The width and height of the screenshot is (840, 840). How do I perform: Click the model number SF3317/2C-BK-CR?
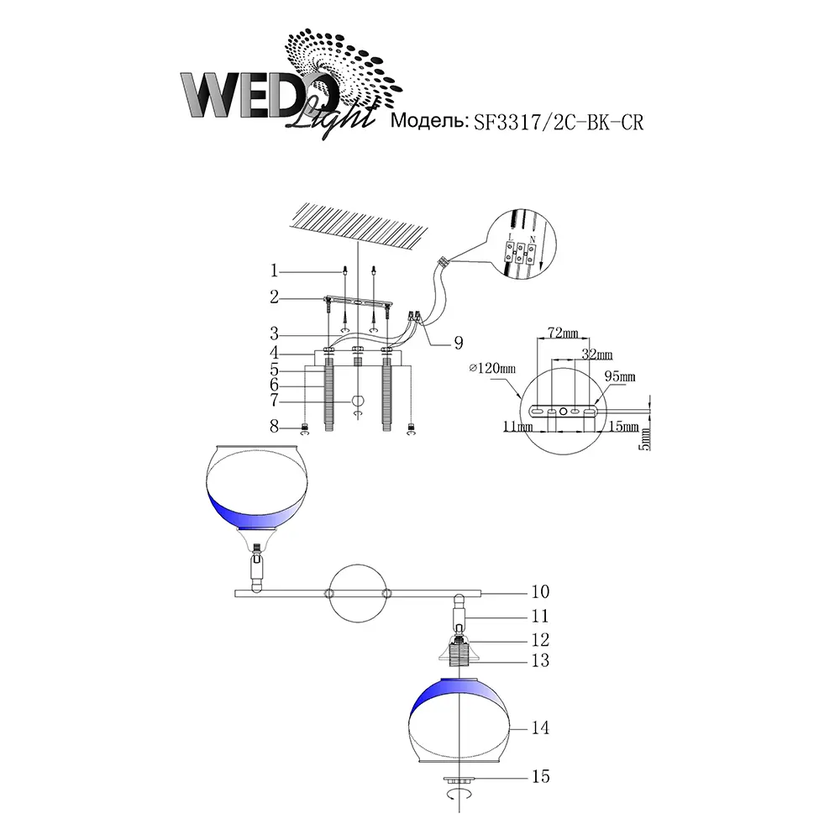click(559, 122)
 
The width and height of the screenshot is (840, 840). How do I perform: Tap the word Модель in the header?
click(428, 121)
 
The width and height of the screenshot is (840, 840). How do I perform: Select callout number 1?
click(275, 271)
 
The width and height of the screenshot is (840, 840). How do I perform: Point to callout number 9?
click(459, 343)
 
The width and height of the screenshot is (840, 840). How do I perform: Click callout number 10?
click(540, 591)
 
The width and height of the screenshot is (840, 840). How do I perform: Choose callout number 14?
click(540, 727)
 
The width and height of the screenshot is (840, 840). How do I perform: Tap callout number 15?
click(540, 776)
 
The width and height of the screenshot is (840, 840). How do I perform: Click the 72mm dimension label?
click(563, 333)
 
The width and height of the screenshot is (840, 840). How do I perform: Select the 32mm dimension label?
click(596, 354)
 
